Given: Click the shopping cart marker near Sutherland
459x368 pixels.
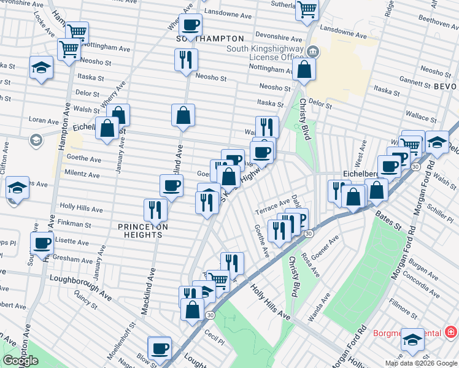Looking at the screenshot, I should [306, 9].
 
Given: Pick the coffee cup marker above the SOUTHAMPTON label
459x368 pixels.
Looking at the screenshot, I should [190, 25].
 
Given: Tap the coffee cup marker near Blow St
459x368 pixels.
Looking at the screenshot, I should [160, 348].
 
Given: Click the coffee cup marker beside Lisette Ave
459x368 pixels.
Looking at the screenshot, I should [42, 243].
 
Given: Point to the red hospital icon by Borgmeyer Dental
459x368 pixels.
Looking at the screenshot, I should [451, 332].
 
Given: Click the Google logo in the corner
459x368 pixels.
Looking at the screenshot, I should [20, 361].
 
